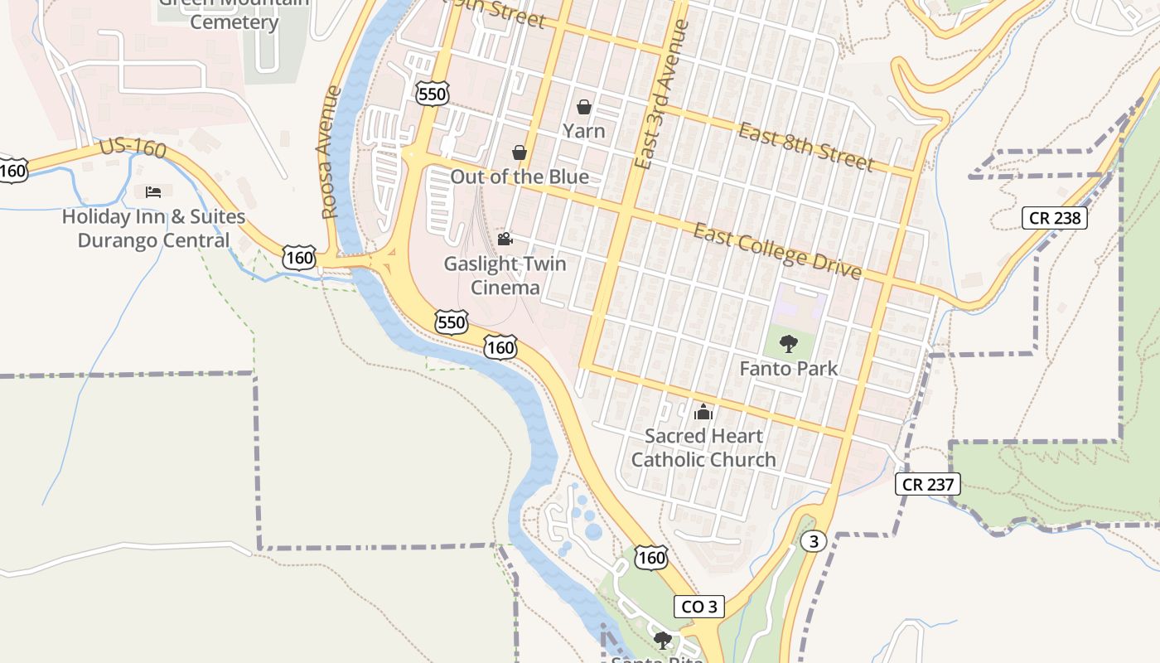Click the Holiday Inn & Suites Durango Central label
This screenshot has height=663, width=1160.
153,229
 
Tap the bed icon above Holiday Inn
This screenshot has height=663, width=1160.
153,192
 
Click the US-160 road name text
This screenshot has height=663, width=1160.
133,149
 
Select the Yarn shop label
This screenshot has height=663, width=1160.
584,131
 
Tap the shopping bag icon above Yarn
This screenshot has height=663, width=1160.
584,107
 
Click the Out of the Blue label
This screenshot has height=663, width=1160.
520,177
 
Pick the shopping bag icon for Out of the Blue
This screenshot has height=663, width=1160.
520,152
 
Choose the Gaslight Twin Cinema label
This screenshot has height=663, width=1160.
505,276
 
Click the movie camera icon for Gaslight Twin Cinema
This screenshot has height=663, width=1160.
505,240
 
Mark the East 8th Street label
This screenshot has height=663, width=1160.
805,147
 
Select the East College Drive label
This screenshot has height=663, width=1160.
777,251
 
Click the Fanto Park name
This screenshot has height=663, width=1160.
789,369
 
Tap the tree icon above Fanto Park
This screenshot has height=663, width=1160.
789,343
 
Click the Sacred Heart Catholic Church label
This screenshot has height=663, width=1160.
703,448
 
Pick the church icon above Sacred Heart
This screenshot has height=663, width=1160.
703,411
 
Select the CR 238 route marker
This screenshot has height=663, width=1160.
1054,218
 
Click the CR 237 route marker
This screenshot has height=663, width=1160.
928,484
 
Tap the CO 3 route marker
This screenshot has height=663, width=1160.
698,607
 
